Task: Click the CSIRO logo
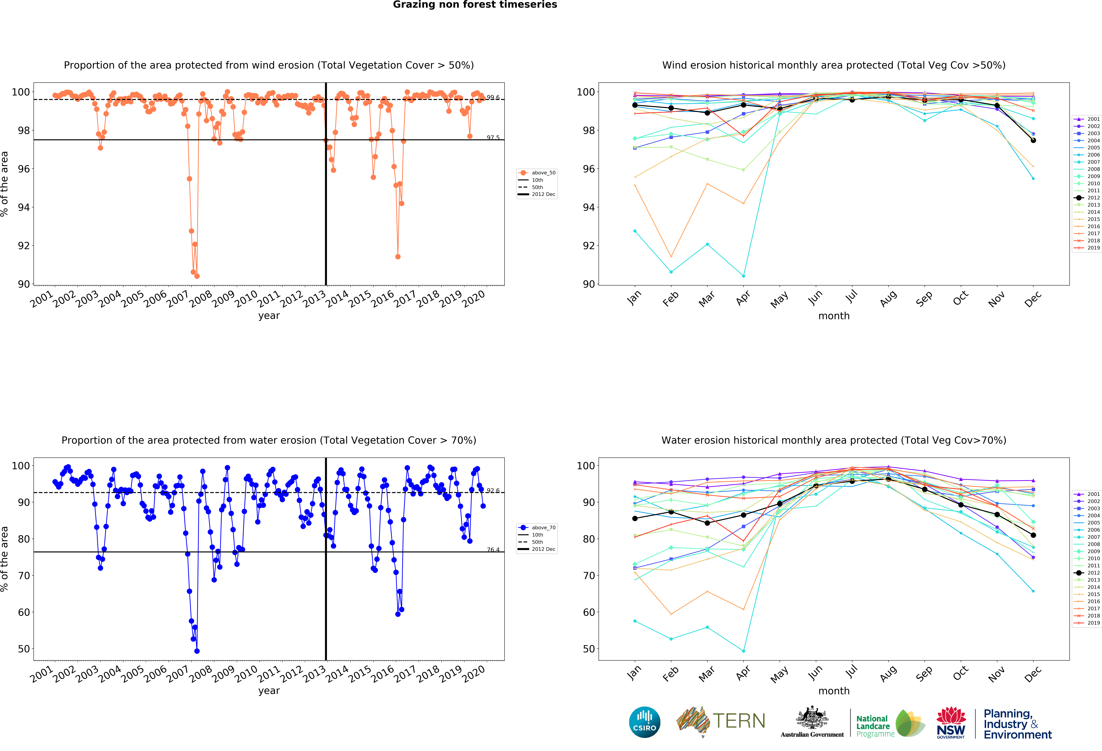[x=644, y=722]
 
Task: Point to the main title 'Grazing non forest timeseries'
[x=475, y=5]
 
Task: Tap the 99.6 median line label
[x=493, y=97]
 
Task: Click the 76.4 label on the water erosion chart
[x=493, y=549]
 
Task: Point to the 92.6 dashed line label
[x=493, y=490]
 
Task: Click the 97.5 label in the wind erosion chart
[x=493, y=137]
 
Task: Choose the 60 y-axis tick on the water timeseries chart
[x=24, y=612]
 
